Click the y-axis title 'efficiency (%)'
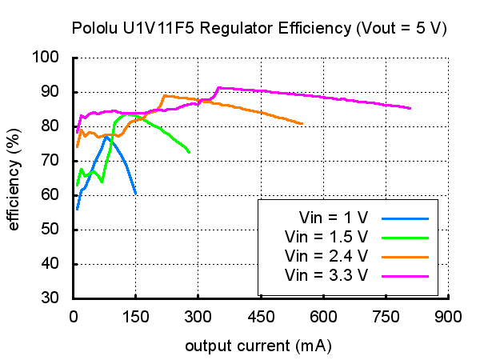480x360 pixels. tap(14, 178)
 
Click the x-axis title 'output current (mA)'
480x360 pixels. tap(258, 346)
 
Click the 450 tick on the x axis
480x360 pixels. tap(261, 316)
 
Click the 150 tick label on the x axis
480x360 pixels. tap(136, 316)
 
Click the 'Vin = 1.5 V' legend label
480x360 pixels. tap(326, 237)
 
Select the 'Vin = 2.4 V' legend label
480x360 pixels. tap(326, 256)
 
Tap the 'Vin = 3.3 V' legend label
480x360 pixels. tap(326, 275)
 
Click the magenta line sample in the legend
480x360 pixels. tap(406, 275)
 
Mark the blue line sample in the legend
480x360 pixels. tap(406, 218)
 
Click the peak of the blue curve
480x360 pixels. tap(106, 136)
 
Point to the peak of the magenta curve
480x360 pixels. tap(219, 87)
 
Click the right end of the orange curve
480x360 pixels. tap(302, 124)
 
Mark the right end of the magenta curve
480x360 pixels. tap(410, 108)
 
